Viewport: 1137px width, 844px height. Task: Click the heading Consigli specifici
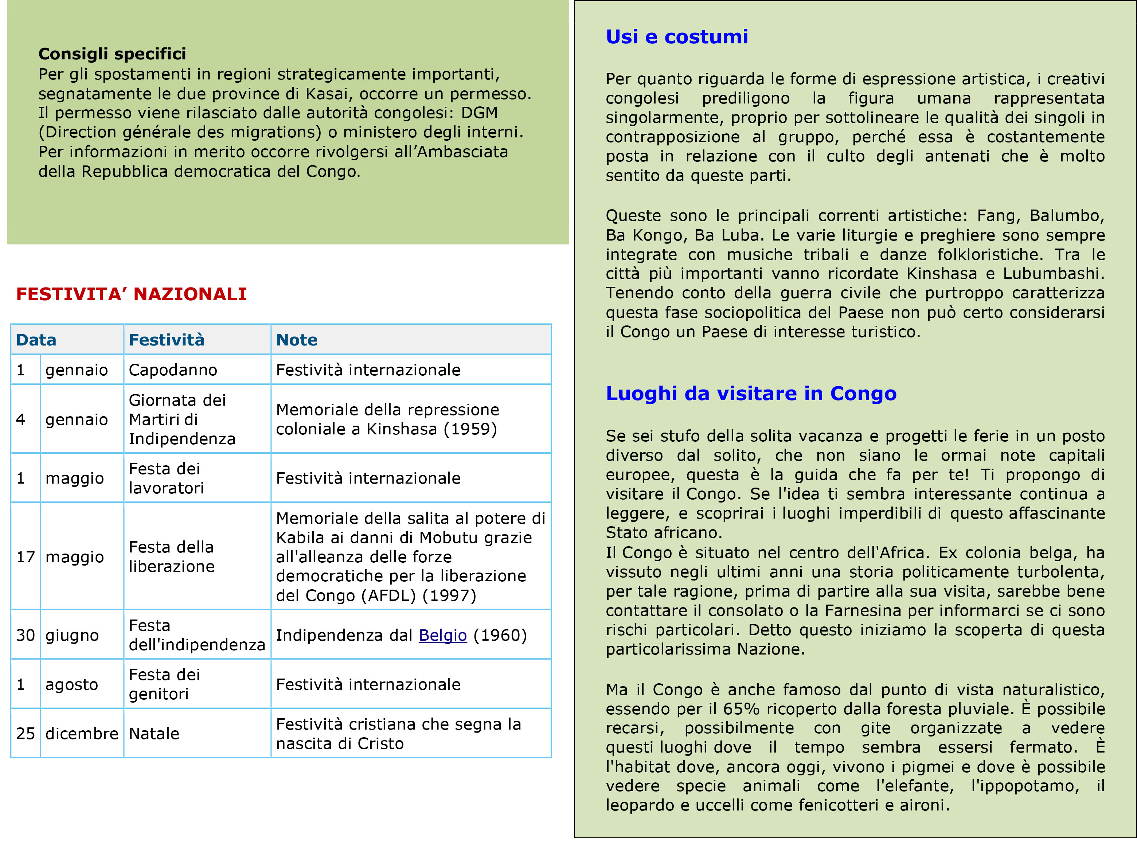tap(112, 54)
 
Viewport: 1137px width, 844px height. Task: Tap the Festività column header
tap(167, 340)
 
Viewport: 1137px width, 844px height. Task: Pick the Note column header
tap(296, 340)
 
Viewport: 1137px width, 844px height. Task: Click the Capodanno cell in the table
tap(173, 370)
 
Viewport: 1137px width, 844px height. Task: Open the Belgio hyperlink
tap(442, 635)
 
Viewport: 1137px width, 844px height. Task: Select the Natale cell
tap(154, 733)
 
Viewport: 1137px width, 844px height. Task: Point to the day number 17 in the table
tap(25, 556)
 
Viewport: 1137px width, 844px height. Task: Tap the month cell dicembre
tap(81, 733)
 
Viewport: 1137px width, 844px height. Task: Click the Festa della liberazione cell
tap(171, 556)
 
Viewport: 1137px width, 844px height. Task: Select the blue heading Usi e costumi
tap(676, 37)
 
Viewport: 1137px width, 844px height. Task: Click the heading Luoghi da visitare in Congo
tap(750, 393)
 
